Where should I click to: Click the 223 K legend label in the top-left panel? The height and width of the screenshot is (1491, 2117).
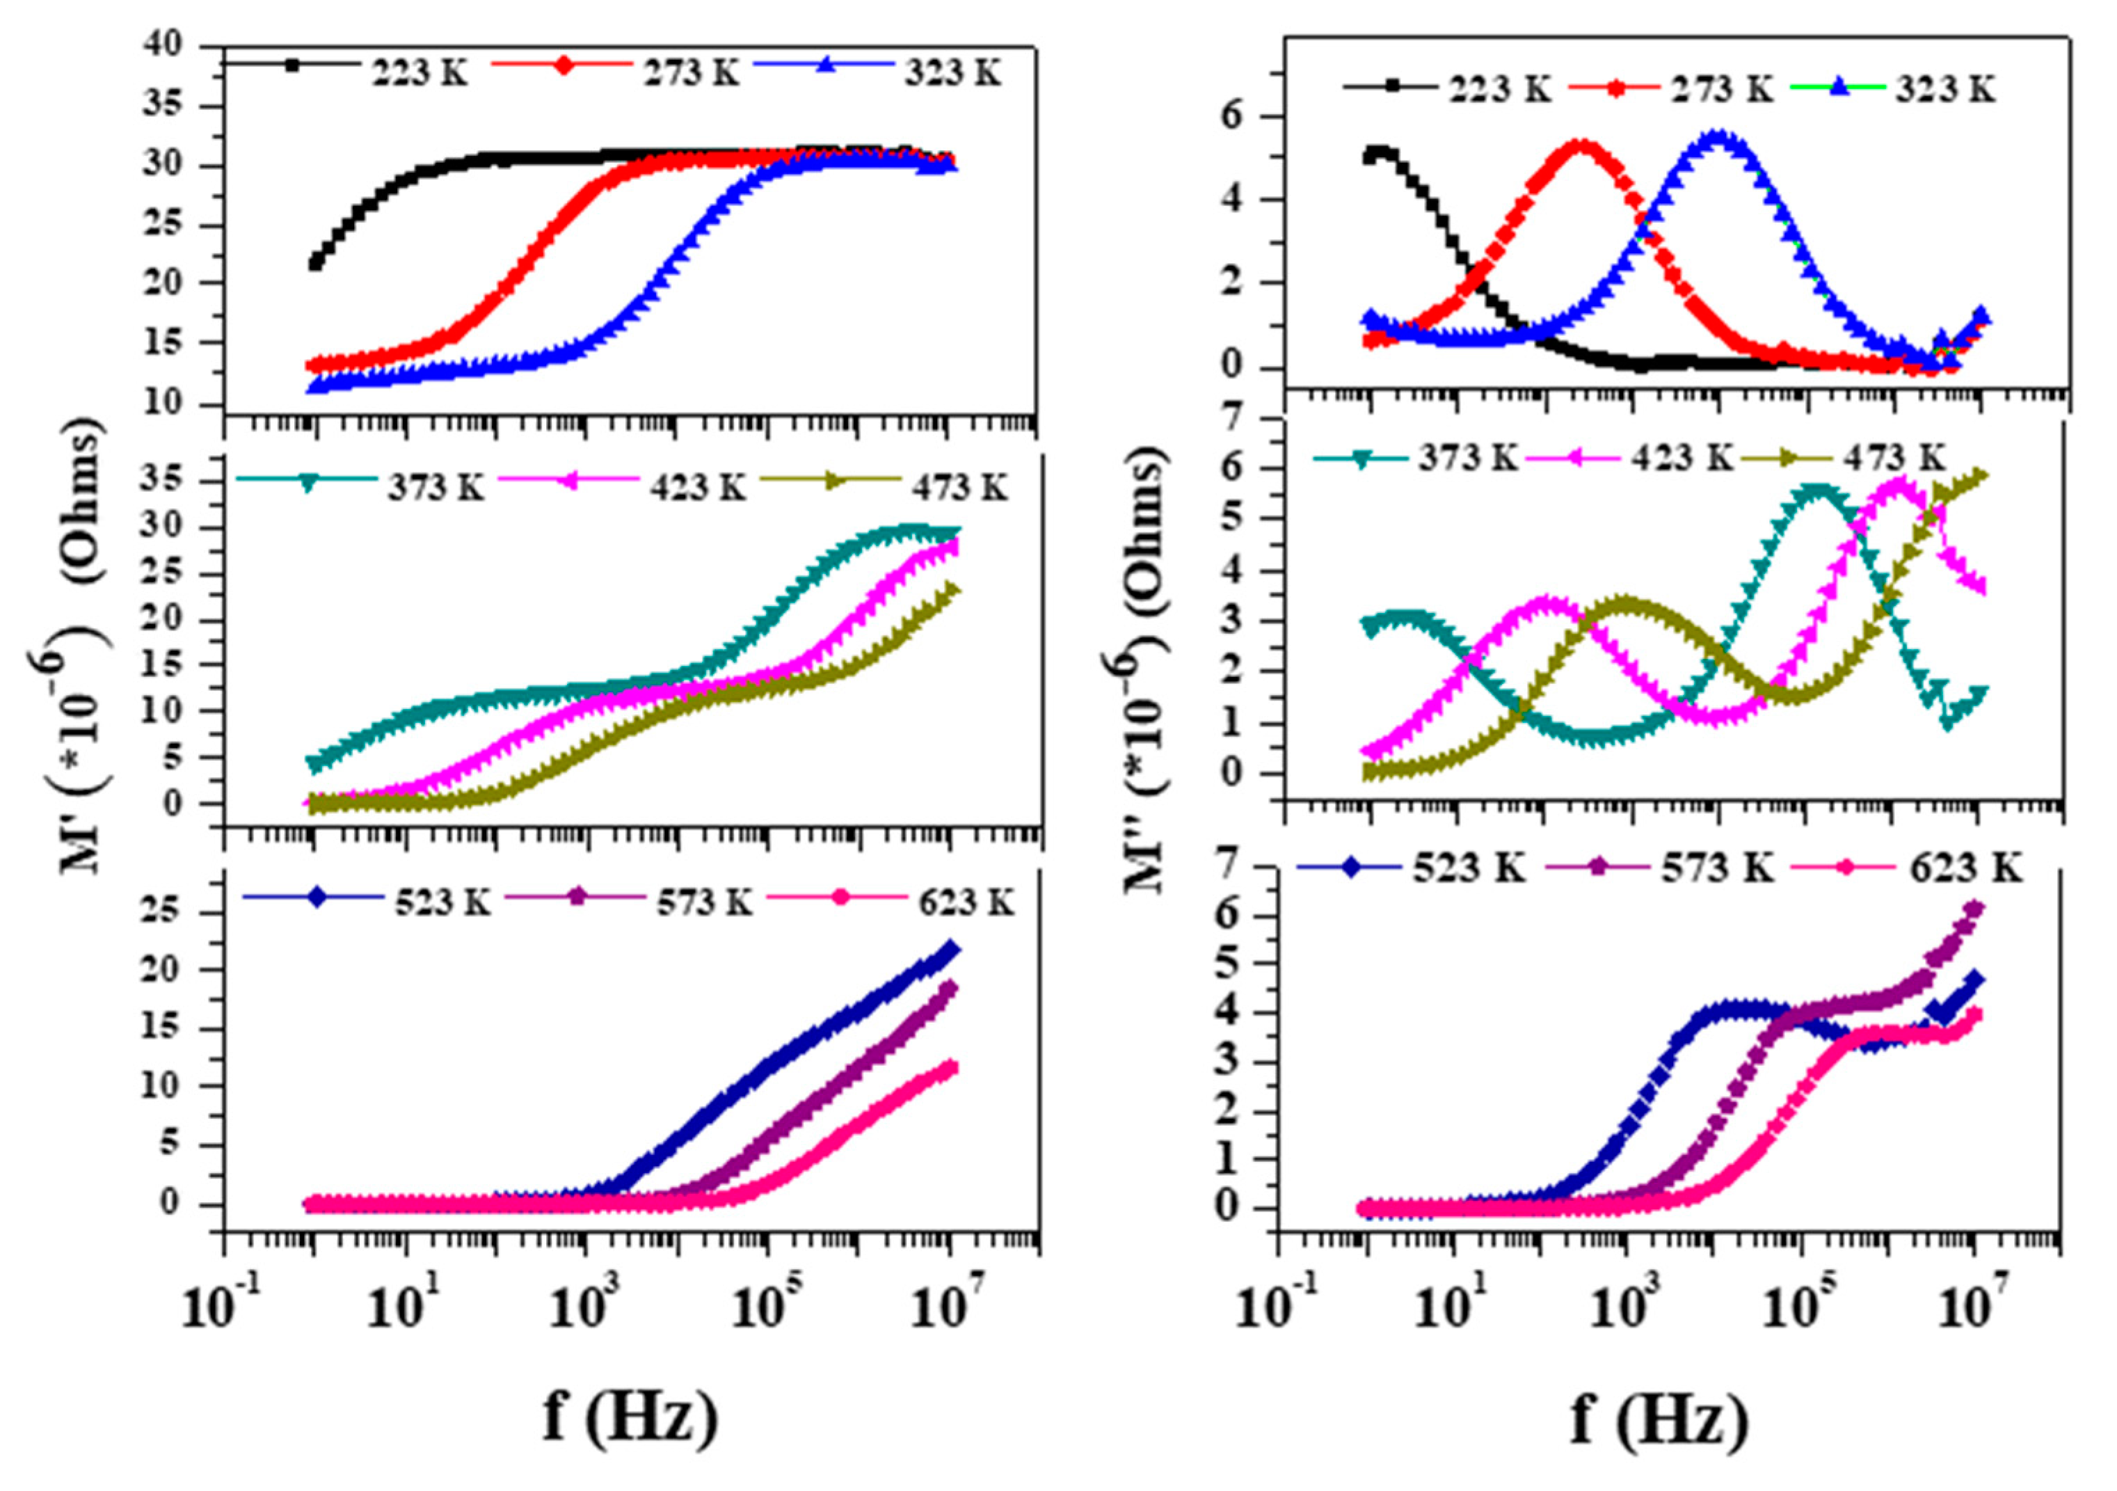pyautogui.click(x=420, y=71)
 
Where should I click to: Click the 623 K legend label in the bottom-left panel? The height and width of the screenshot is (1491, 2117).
pyautogui.click(x=966, y=902)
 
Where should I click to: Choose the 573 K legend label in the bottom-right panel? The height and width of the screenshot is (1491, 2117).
pyautogui.click(x=1718, y=868)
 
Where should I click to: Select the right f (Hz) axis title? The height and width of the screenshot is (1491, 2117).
pyautogui.click(x=1660, y=1419)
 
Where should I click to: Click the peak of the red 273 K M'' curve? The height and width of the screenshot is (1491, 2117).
pyautogui.click(x=1581, y=147)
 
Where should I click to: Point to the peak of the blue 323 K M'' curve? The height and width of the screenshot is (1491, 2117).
pyautogui.click(x=1717, y=136)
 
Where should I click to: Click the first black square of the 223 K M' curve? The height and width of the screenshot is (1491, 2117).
pyautogui.click(x=315, y=264)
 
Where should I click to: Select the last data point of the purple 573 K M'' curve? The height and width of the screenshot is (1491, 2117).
pyautogui.click(x=1973, y=908)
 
